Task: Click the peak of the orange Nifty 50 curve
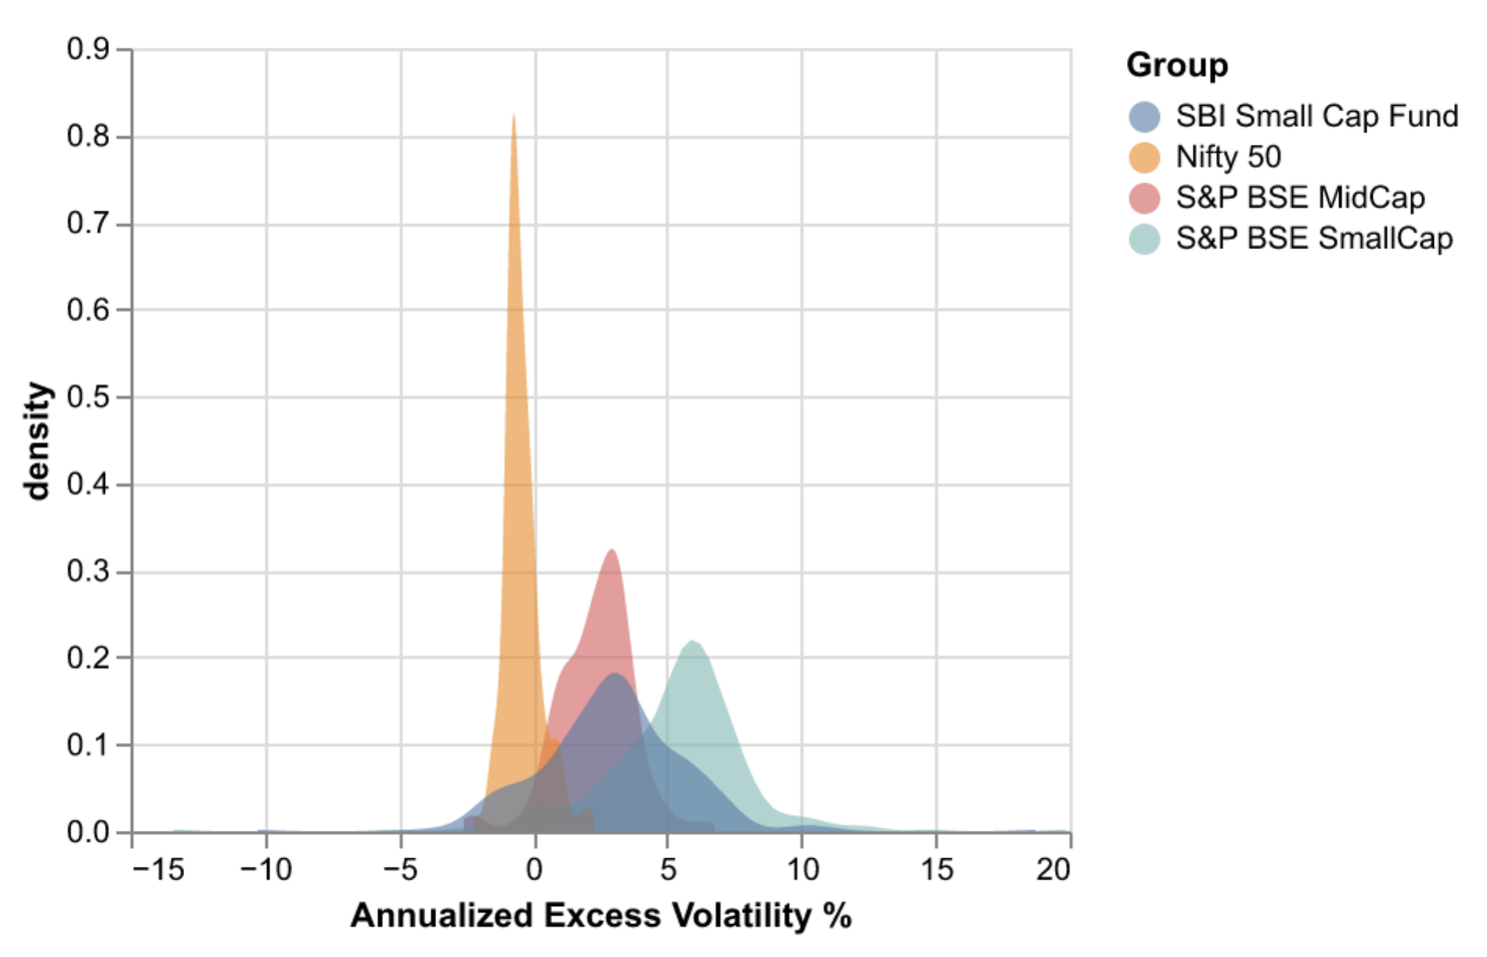[514, 117]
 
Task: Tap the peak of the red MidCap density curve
[611, 550]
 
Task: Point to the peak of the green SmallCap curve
[692, 641]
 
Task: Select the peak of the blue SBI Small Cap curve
[615, 674]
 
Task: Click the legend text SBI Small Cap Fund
[1316, 116]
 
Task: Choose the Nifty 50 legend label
[1227, 157]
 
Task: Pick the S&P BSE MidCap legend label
[1299, 198]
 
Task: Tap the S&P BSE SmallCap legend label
[1313, 239]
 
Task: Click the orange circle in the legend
[1144, 158]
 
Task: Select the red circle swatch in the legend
[1144, 199]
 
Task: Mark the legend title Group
[1176, 65]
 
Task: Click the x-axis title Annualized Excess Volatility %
[601, 915]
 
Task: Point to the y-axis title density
[37, 441]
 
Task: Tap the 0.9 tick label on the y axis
[88, 49]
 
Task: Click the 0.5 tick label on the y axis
[88, 398]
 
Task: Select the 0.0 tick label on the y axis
[88, 832]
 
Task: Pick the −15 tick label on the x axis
[158, 870]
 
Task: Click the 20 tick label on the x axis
[1052, 870]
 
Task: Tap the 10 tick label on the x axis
[801, 870]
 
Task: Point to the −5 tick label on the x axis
[400, 870]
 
